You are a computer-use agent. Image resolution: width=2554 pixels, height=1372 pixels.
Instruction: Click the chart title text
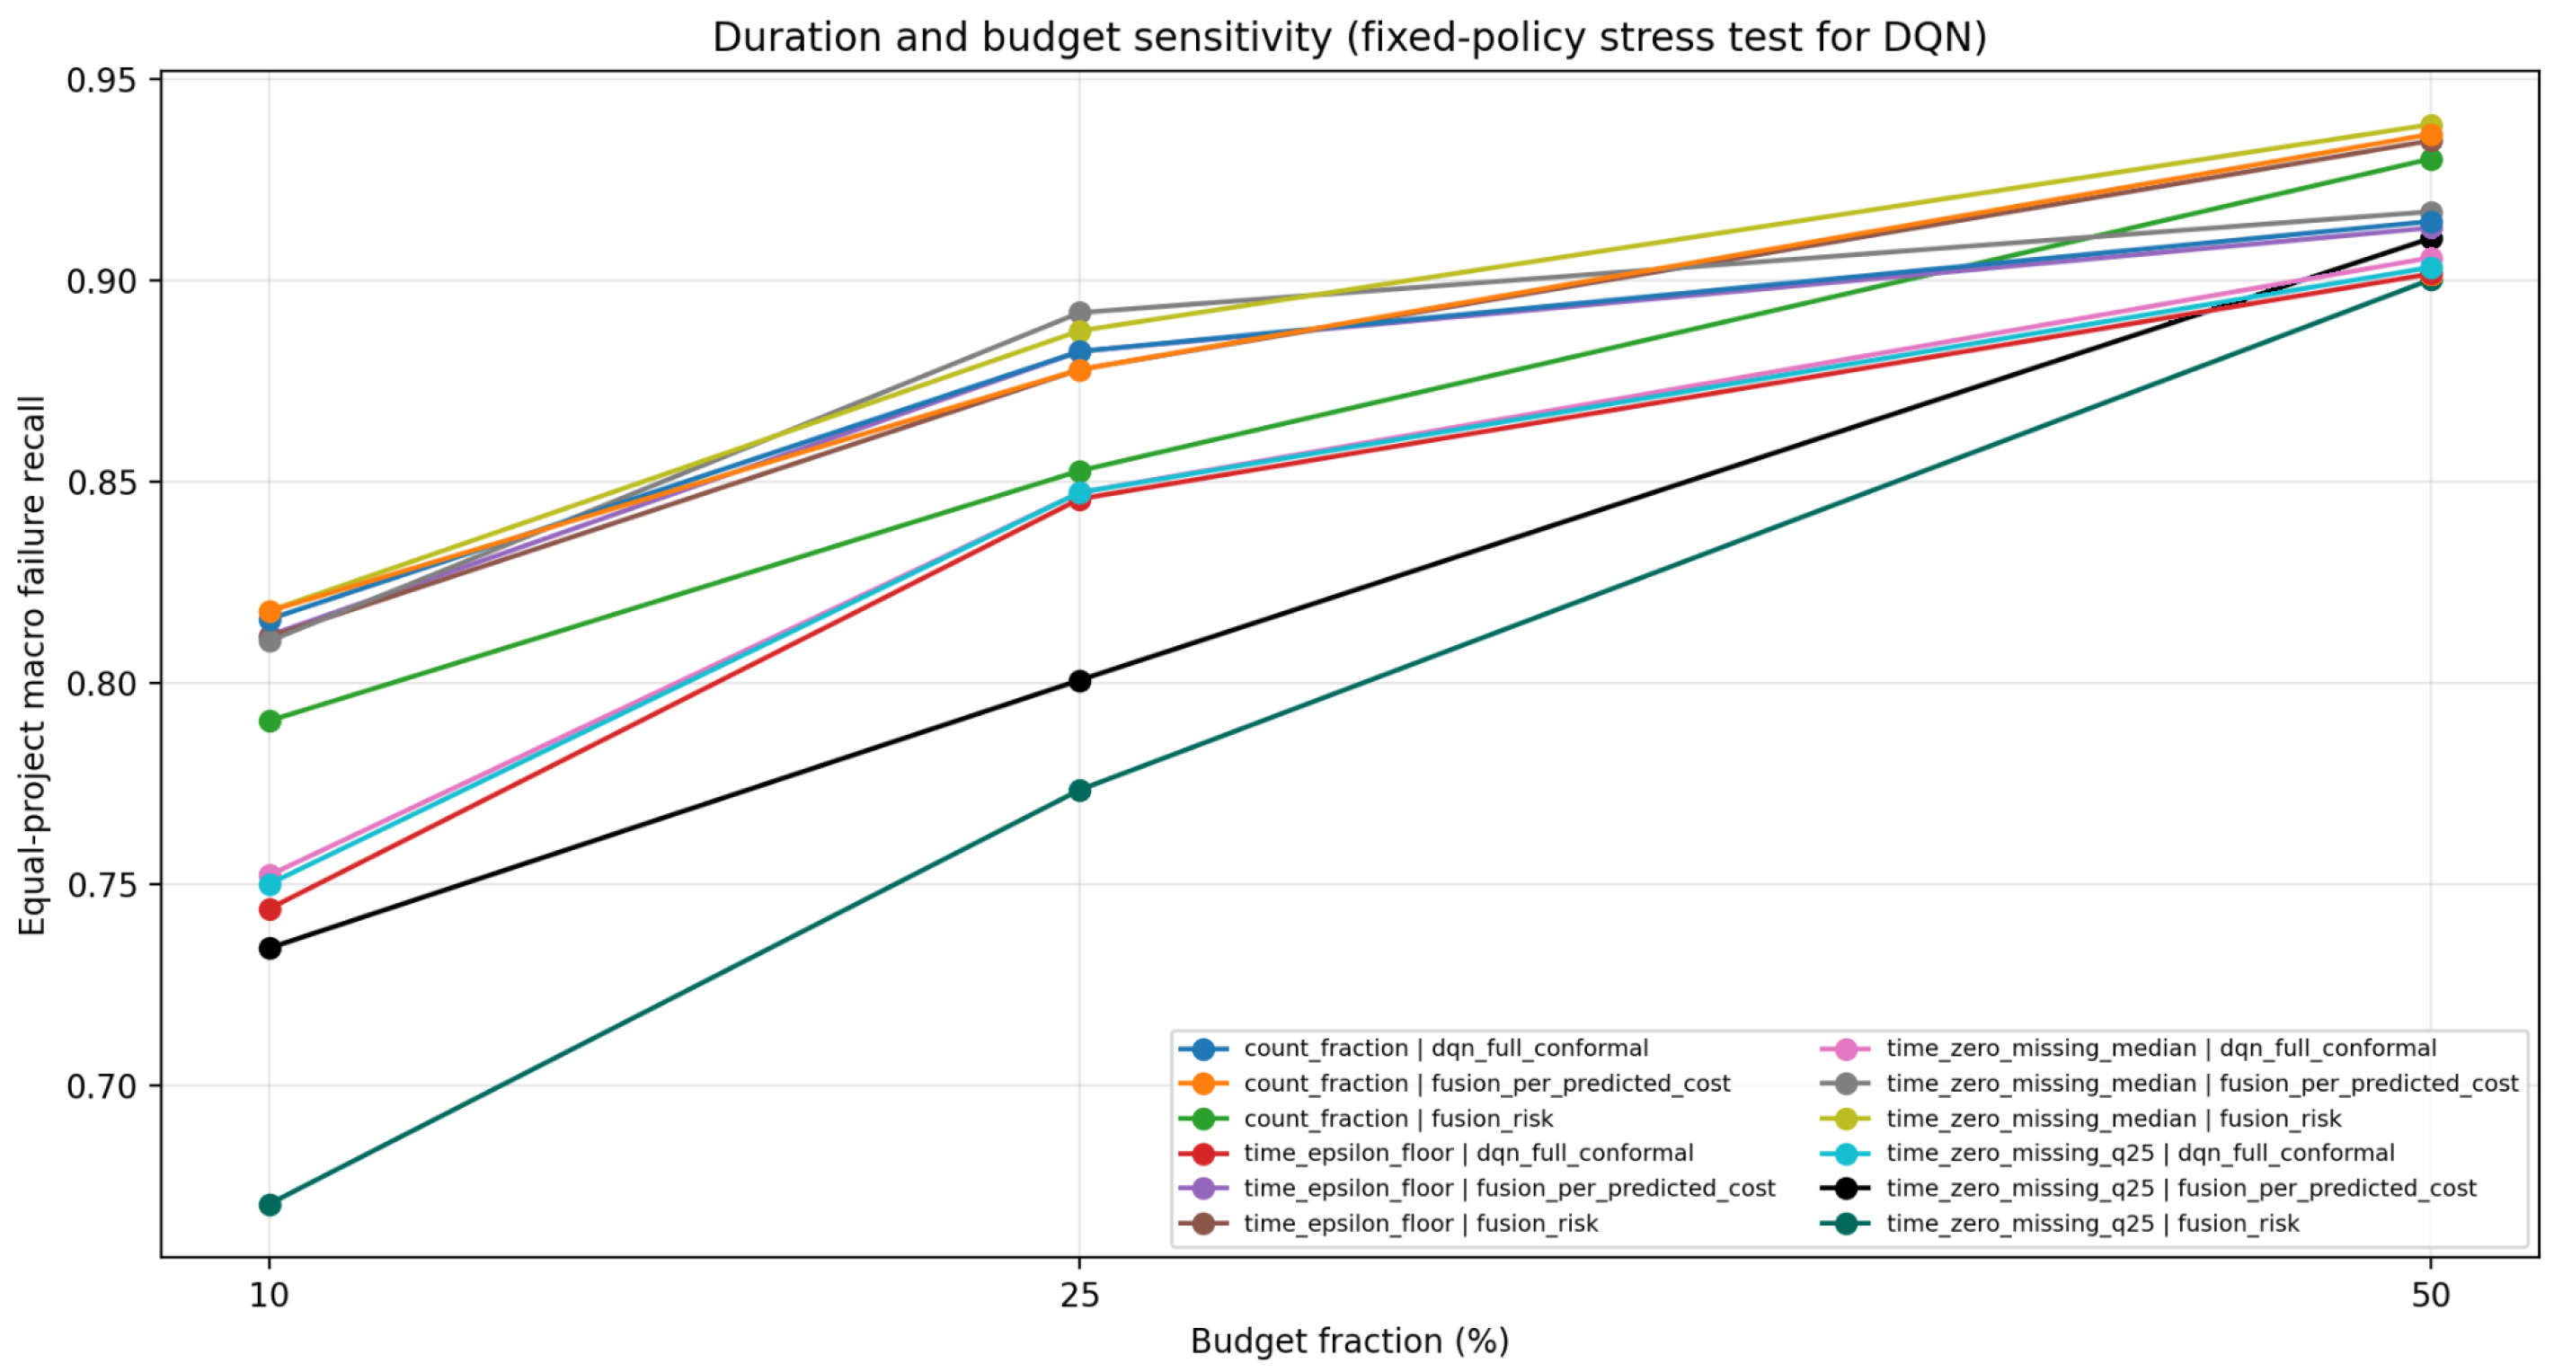coord(1350,38)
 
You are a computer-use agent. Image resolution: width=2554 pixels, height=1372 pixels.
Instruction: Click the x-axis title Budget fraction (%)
coord(1350,1341)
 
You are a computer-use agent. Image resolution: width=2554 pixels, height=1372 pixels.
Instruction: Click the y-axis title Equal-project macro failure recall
coord(31,665)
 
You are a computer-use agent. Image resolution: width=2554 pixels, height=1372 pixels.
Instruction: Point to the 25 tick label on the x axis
coord(1079,1295)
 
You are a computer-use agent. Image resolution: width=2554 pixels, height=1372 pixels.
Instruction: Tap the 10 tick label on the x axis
coord(269,1295)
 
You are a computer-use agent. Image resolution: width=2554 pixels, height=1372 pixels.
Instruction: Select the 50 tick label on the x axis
coord(2430,1295)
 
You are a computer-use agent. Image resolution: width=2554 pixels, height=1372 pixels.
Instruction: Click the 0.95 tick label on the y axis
coord(100,80)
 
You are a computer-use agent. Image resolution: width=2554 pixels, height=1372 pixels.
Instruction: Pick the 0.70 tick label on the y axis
coord(100,1086)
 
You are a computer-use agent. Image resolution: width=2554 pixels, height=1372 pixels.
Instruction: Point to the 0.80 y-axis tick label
coord(100,684)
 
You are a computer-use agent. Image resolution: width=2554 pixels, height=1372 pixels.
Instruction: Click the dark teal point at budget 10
coord(270,1205)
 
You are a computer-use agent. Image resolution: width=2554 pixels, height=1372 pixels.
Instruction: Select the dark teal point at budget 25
coord(1079,790)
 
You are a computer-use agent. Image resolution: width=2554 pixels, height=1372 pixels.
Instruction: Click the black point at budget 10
coord(270,948)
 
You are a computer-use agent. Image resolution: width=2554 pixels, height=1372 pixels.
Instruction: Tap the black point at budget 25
coord(1079,680)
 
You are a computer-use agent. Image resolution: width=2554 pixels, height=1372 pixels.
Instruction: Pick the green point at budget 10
coord(270,721)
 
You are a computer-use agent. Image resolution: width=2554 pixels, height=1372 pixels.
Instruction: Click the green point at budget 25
coord(1079,471)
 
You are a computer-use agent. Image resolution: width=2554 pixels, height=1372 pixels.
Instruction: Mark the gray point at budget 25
coord(1079,313)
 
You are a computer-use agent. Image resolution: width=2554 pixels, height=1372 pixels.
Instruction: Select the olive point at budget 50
coord(2430,126)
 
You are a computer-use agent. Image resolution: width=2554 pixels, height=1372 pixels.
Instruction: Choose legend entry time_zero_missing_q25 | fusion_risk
coord(2061,1224)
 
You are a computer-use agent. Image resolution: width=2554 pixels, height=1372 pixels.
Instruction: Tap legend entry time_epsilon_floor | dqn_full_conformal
coord(1437,1153)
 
